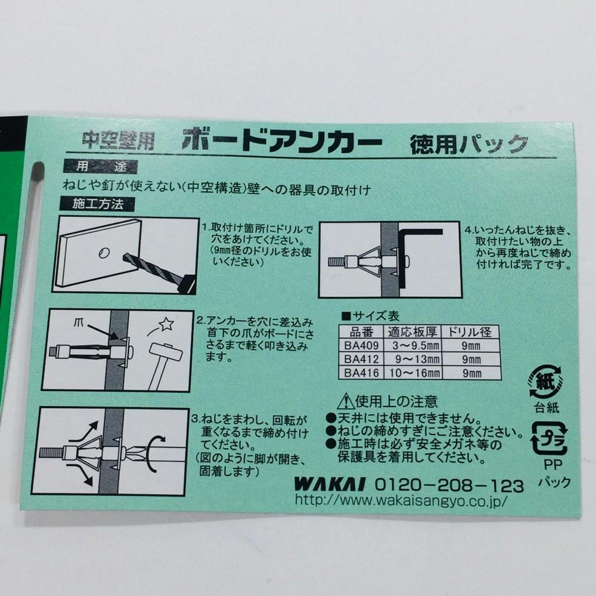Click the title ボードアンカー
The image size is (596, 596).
[282, 140]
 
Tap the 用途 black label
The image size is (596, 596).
[100, 166]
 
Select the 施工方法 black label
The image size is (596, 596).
[97, 204]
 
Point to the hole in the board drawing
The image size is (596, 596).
[104, 252]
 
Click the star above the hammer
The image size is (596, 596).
[166, 324]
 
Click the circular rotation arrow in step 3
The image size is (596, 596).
[154, 454]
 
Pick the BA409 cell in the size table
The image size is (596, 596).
[361, 346]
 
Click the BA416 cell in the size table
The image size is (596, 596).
[361, 373]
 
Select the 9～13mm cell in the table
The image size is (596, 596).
[412, 359]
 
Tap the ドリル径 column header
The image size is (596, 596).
[471, 332]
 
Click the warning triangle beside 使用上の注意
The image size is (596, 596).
[346, 401]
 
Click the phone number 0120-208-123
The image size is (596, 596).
[449, 486]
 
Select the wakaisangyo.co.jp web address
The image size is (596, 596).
[401, 500]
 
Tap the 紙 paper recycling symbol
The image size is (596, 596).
[546, 382]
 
